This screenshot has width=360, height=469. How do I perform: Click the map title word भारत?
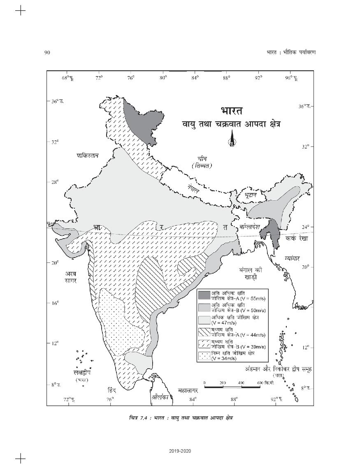[x=231, y=112]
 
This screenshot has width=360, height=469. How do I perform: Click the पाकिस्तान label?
[x=88, y=156]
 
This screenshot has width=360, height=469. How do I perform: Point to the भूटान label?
[x=250, y=194]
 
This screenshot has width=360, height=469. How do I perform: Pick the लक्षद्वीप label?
[x=81, y=372]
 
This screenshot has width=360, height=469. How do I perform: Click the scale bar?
[x=232, y=387]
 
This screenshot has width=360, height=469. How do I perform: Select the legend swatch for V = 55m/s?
[x=204, y=295]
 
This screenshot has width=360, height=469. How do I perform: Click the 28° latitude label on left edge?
[x=55, y=181]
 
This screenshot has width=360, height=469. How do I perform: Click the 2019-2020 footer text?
[x=180, y=451]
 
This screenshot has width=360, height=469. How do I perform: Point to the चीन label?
[x=202, y=158]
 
